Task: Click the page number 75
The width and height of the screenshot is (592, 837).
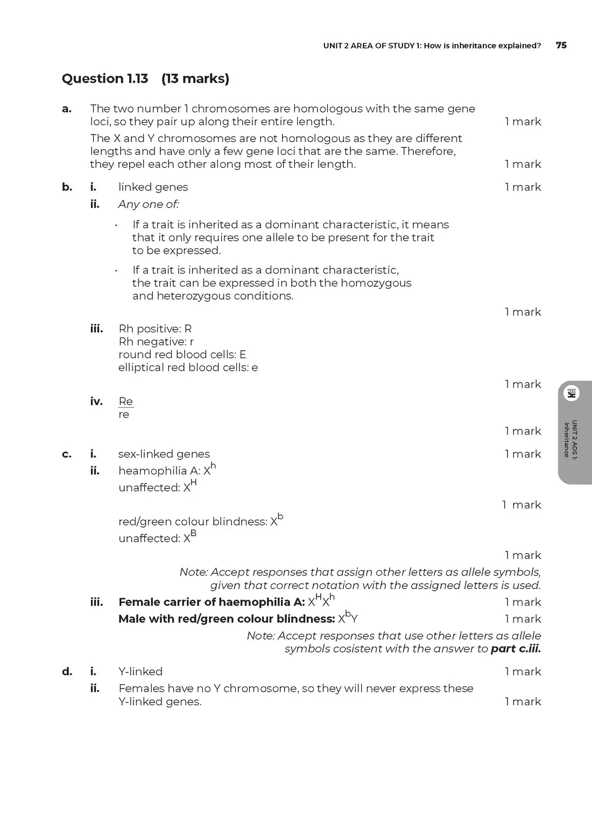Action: click(x=561, y=45)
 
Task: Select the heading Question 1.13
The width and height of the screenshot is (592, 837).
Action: click(x=105, y=79)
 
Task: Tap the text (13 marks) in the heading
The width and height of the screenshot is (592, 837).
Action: click(x=195, y=79)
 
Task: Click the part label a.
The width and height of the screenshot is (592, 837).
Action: click(x=67, y=109)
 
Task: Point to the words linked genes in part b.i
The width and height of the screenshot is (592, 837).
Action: click(x=153, y=187)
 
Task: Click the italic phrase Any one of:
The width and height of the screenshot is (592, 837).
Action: click(x=149, y=204)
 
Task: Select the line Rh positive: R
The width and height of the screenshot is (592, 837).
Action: click(x=155, y=329)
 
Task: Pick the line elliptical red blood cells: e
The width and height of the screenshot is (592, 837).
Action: click(x=188, y=367)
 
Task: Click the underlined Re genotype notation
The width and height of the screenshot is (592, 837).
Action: click(x=126, y=401)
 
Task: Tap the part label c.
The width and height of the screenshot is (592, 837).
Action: click(x=67, y=454)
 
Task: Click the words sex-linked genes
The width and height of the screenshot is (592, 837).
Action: click(x=164, y=454)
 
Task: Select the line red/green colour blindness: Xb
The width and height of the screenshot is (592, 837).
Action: click(x=200, y=521)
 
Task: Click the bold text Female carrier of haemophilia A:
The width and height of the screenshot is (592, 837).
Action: click(x=212, y=602)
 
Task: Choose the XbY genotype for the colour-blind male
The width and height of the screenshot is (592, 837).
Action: click(x=348, y=618)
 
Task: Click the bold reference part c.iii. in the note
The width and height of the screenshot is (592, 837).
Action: click(x=516, y=649)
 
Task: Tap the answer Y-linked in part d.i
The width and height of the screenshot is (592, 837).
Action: click(x=140, y=671)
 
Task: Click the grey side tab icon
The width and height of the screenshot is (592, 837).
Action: click(x=571, y=394)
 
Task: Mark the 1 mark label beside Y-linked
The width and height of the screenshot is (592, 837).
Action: click(x=523, y=671)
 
